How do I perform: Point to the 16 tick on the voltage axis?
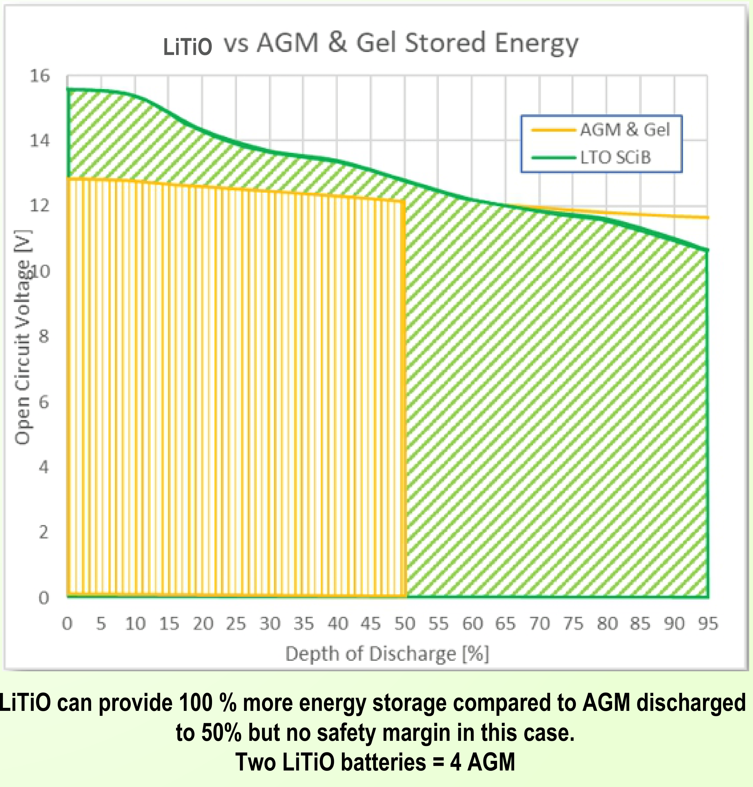point(40,76)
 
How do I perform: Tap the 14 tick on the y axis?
point(40,140)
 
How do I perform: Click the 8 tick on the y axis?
point(43,336)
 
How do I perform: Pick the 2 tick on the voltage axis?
point(43,532)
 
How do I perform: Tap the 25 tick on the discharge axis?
point(236,623)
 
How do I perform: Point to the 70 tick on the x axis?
point(539,623)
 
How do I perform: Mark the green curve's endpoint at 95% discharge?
point(707,250)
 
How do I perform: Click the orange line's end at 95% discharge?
point(708,218)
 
